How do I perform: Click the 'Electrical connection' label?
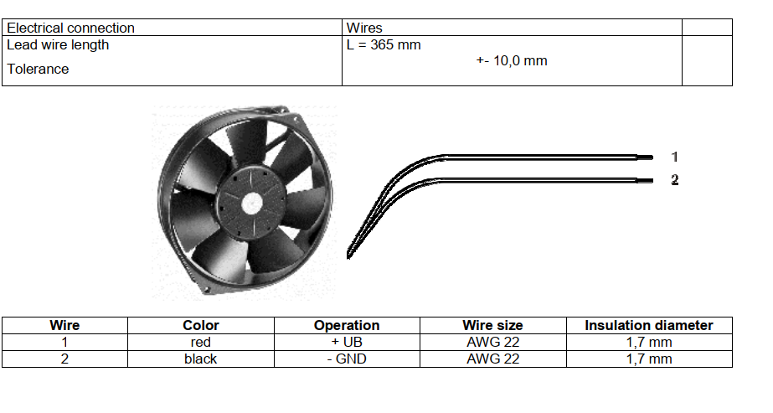click(70, 28)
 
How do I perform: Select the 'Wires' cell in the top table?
click(364, 28)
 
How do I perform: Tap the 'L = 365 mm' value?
click(384, 45)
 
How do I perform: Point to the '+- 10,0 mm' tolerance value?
click(512, 61)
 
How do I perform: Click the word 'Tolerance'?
click(38, 69)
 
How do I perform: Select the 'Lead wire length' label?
click(58, 45)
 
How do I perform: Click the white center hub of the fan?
click(252, 203)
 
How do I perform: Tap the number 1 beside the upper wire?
click(674, 157)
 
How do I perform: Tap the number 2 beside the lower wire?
click(675, 180)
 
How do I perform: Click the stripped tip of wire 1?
click(645, 157)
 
